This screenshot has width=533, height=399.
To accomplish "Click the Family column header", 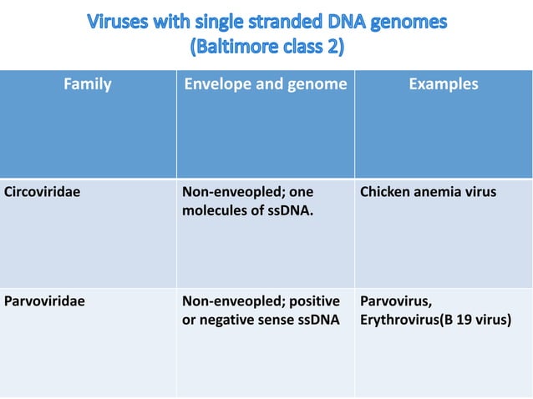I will click(88, 84).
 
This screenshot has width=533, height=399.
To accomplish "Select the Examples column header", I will click(444, 84).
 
